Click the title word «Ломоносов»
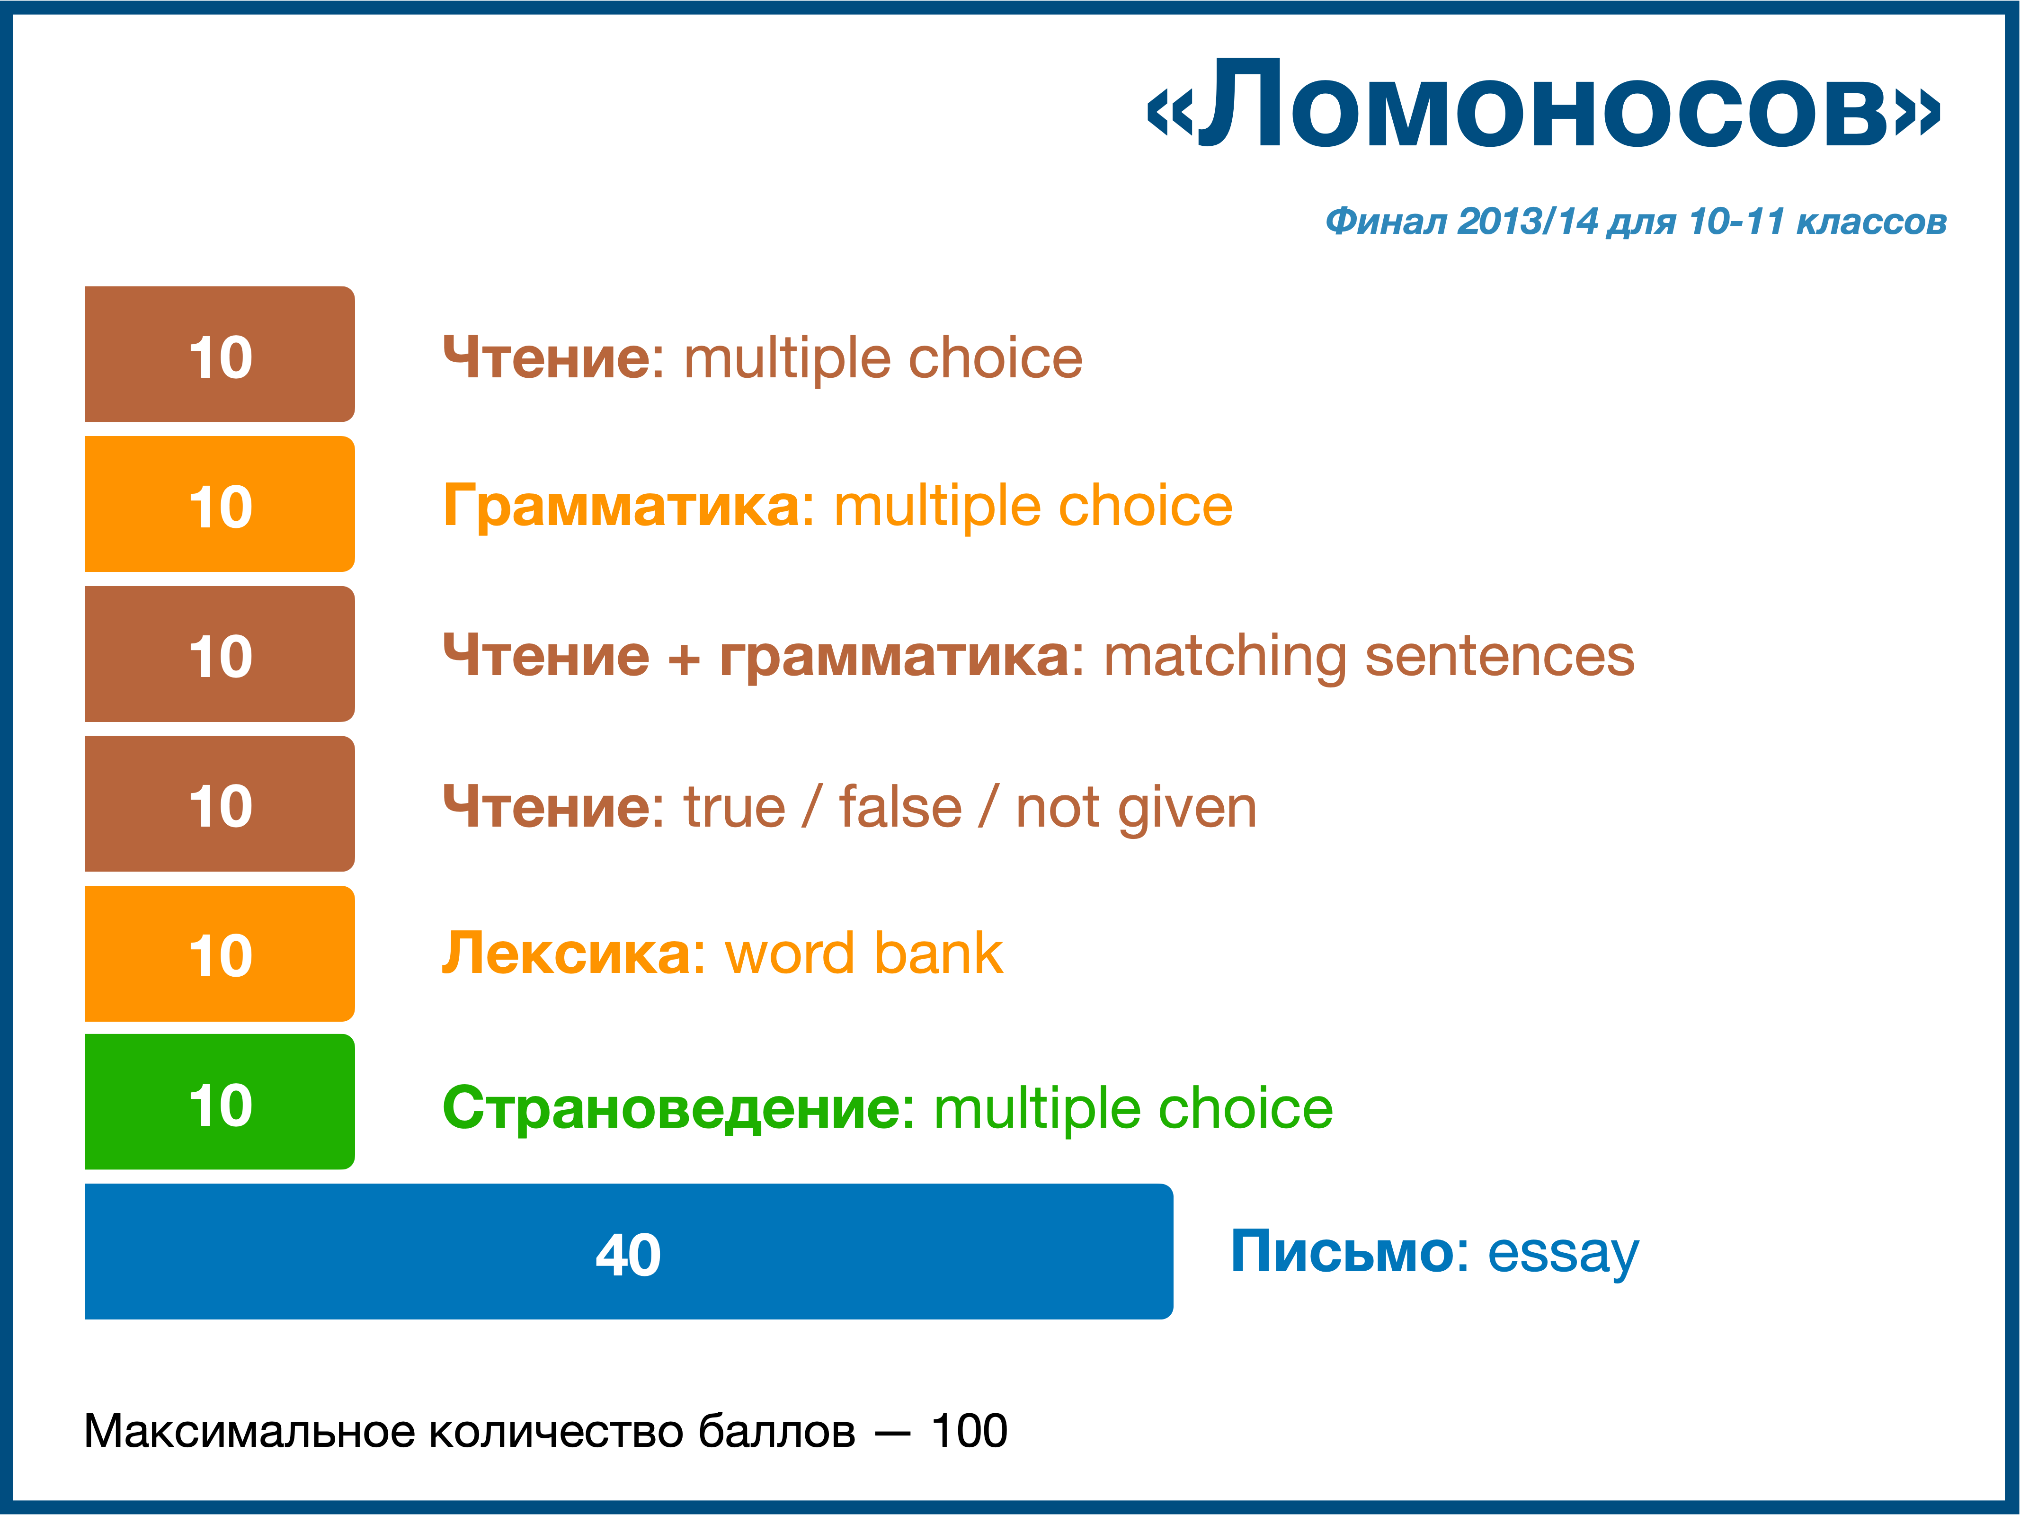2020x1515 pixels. click(1543, 105)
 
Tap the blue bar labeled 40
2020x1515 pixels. click(628, 1251)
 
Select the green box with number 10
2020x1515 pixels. click(219, 1101)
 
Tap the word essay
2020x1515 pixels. click(1563, 1255)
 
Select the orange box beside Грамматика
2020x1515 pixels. click(219, 504)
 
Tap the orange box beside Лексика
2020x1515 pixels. click(219, 954)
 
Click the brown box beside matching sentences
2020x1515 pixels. click(219, 654)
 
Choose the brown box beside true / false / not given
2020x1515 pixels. click(219, 803)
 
